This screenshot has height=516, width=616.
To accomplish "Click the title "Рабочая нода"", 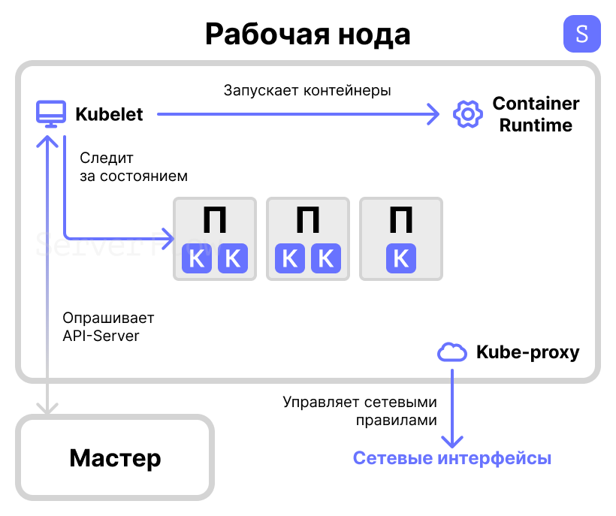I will coord(307,34).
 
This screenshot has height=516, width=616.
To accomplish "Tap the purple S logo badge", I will coord(581,34).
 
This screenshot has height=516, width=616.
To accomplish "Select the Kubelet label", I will coord(109,115).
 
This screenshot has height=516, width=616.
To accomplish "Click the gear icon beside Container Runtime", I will coord(467,114).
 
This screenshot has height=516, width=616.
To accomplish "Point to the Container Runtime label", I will coord(536,114).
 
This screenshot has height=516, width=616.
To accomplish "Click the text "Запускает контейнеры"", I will coord(307,90).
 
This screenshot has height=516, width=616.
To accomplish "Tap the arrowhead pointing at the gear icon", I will coord(433,114).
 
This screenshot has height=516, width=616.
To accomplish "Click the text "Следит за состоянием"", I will coord(133,167).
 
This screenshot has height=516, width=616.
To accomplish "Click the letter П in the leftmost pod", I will coord(215,221).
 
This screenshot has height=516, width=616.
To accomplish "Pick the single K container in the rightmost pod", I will coord(401,259).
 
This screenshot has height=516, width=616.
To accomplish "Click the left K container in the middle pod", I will coord(290,259).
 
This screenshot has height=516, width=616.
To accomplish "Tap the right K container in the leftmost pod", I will coord(233,259).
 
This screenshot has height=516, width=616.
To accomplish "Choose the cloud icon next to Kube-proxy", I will coord(451,352).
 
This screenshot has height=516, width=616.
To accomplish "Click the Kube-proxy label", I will coord(527,352).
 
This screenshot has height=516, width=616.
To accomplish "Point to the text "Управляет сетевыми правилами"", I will coord(360,411).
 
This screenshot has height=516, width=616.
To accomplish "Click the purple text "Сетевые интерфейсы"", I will coord(452,458).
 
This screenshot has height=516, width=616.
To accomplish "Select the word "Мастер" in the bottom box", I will coord(115,457).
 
